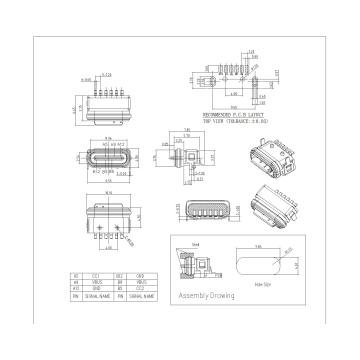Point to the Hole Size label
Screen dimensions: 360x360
(x=264, y=284)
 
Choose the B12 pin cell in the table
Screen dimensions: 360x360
(x=121, y=274)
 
